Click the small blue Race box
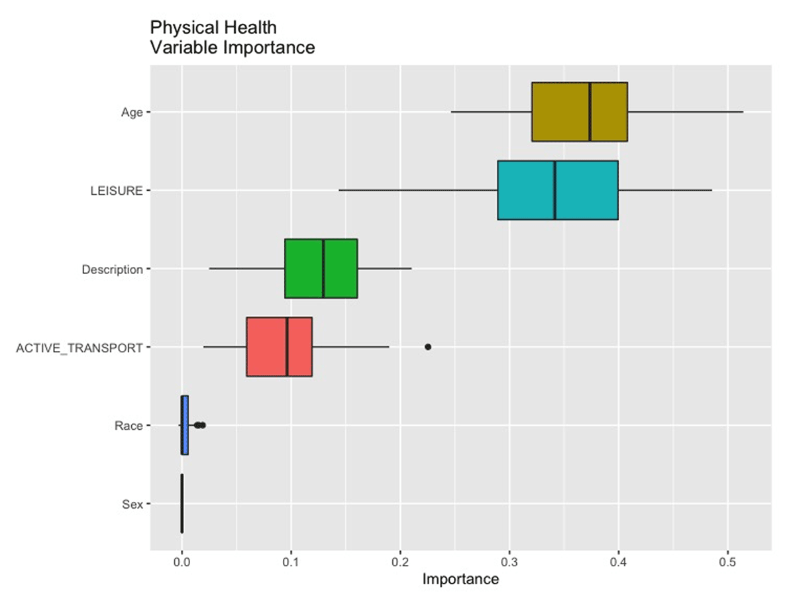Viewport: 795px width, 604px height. coord(185,425)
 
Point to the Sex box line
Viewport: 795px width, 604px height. coord(182,503)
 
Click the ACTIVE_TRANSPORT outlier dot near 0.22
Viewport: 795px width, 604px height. coord(428,346)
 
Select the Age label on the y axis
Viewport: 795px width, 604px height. coord(132,113)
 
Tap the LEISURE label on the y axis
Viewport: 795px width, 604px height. coord(117,191)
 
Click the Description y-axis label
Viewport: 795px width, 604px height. coord(112,270)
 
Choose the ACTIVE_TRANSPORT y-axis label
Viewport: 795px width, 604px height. coord(79,348)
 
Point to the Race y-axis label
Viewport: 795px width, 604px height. coord(129,426)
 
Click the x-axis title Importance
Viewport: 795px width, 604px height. coord(460,580)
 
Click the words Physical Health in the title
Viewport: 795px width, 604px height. coord(213,28)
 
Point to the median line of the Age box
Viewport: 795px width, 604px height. coord(590,112)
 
